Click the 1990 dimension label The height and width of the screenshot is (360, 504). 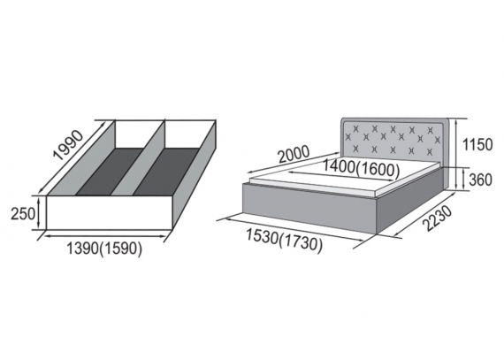[68, 145]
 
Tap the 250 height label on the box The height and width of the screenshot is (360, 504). [22, 213]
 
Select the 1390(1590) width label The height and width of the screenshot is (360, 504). [104, 249]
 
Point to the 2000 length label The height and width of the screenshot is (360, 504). [294, 155]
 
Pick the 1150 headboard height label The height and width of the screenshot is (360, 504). [477, 145]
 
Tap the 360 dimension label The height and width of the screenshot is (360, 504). [480, 180]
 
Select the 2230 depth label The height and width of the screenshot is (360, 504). [438, 218]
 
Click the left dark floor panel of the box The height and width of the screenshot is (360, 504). [111, 172]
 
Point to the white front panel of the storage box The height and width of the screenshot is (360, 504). [111, 212]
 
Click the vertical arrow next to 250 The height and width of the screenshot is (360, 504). [39, 213]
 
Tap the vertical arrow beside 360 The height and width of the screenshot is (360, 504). [463, 180]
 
